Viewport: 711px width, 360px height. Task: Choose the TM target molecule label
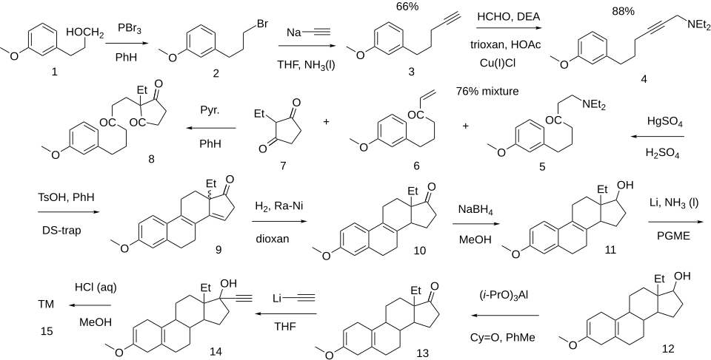click(x=46, y=304)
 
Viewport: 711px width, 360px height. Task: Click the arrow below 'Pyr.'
click(x=210, y=129)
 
